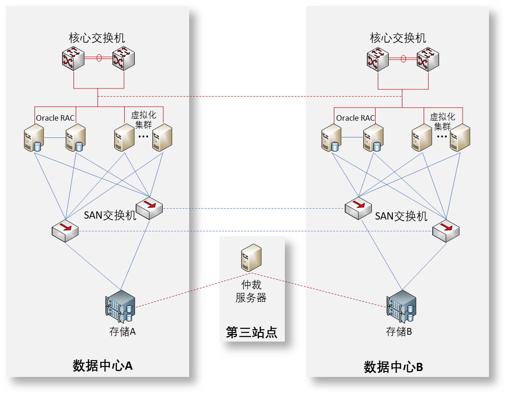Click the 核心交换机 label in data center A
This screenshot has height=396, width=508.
click(x=97, y=38)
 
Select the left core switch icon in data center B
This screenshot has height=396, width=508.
click(x=378, y=60)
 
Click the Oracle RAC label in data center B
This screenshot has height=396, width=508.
click(x=355, y=118)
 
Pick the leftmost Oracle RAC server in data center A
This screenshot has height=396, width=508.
click(x=34, y=138)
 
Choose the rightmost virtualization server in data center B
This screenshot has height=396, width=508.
click(x=459, y=138)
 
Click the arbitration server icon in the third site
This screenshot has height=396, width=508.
click(x=251, y=258)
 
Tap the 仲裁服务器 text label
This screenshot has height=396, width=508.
click(x=251, y=292)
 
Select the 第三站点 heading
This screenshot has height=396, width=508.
click(x=252, y=333)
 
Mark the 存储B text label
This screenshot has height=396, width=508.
click(x=399, y=332)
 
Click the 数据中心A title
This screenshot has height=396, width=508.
click(x=103, y=366)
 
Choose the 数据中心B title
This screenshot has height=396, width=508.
click(x=393, y=367)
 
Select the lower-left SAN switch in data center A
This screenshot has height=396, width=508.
click(x=65, y=231)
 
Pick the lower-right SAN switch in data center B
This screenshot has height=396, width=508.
click(x=445, y=231)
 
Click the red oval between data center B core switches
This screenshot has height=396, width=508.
click(x=403, y=58)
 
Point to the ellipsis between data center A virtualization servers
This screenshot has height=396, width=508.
click(x=143, y=137)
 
